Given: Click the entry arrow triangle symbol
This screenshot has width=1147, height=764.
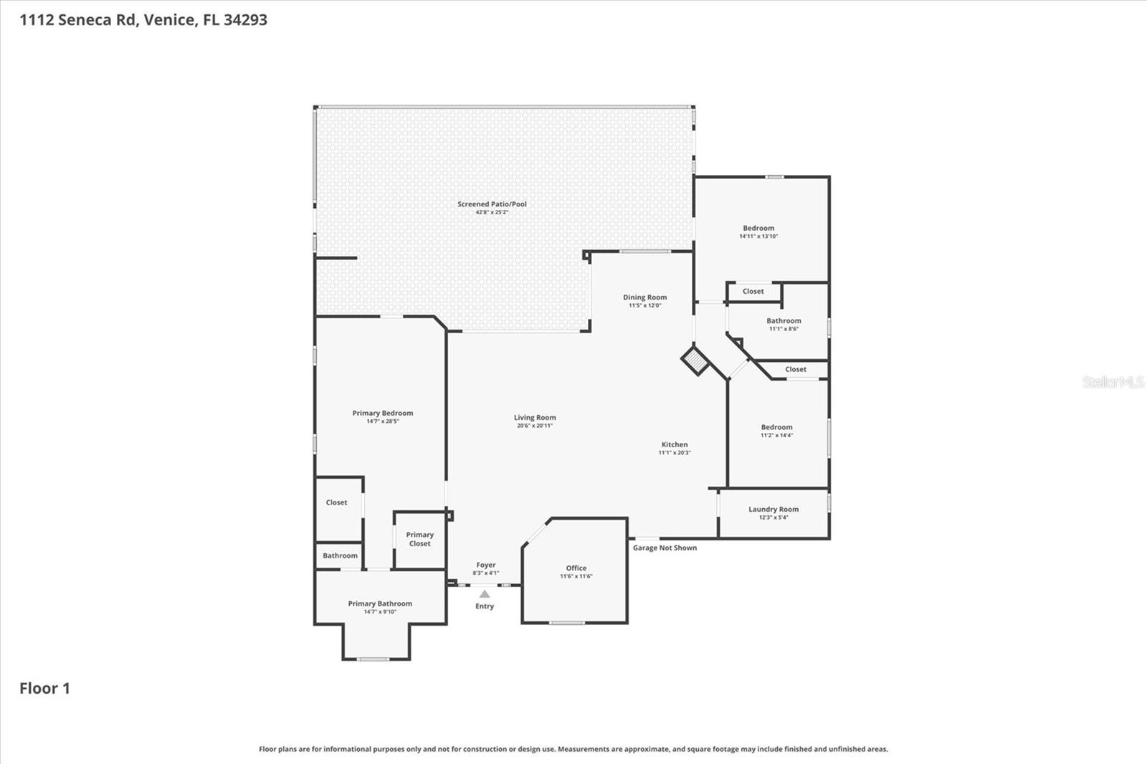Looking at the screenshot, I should pyautogui.click(x=485, y=594).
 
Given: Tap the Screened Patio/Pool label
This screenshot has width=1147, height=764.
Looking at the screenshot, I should pyautogui.click(x=492, y=204).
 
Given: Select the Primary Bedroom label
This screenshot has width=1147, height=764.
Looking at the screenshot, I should pyautogui.click(x=382, y=414).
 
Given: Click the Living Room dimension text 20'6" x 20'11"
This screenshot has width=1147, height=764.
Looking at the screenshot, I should pyautogui.click(x=535, y=426).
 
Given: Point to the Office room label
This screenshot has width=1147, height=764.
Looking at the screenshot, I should pyautogui.click(x=576, y=568).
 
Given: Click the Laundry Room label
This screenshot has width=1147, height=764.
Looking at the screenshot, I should pyautogui.click(x=774, y=510).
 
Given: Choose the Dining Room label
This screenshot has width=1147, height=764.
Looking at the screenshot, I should pyautogui.click(x=644, y=297).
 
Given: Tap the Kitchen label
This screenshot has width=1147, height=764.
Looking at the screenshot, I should pyautogui.click(x=674, y=445).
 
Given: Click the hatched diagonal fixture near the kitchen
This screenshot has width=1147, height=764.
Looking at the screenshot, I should pyautogui.click(x=695, y=360).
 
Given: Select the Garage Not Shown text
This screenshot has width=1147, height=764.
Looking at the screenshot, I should pyautogui.click(x=665, y=548).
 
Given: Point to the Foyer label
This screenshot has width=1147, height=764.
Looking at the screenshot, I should pyautogui.click(x=485, y=565).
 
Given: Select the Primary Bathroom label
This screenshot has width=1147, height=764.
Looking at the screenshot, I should pyautogui.click(x=380, y=604).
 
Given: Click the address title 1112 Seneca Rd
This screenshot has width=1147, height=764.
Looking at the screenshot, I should pyautogui.click(x=143, y=20).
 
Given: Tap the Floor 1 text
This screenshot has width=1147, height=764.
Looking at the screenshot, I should pyautogui.click(x=44, y=689).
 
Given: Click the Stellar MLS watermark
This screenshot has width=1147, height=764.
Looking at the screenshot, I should pyautogui.click(x=1113, y=382).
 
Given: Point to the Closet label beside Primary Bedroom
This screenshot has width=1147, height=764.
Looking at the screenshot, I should pyautogui.click(x=336, y=503).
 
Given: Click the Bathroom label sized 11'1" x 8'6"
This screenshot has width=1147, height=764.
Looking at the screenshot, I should pyautogui.click(x=784, y=321).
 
